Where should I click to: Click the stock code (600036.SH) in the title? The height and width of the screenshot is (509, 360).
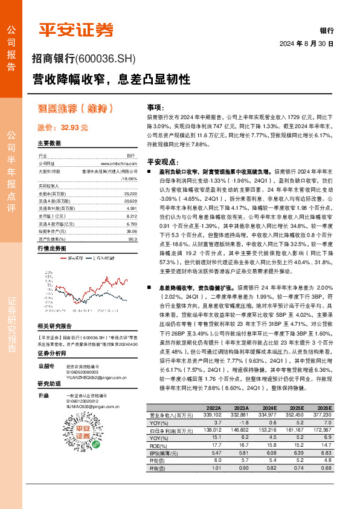click(x=106, y=59)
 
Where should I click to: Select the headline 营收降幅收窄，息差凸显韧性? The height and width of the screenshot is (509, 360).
click(x=111, y=79)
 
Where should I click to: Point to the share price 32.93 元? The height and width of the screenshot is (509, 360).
click(x=63, y=128)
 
